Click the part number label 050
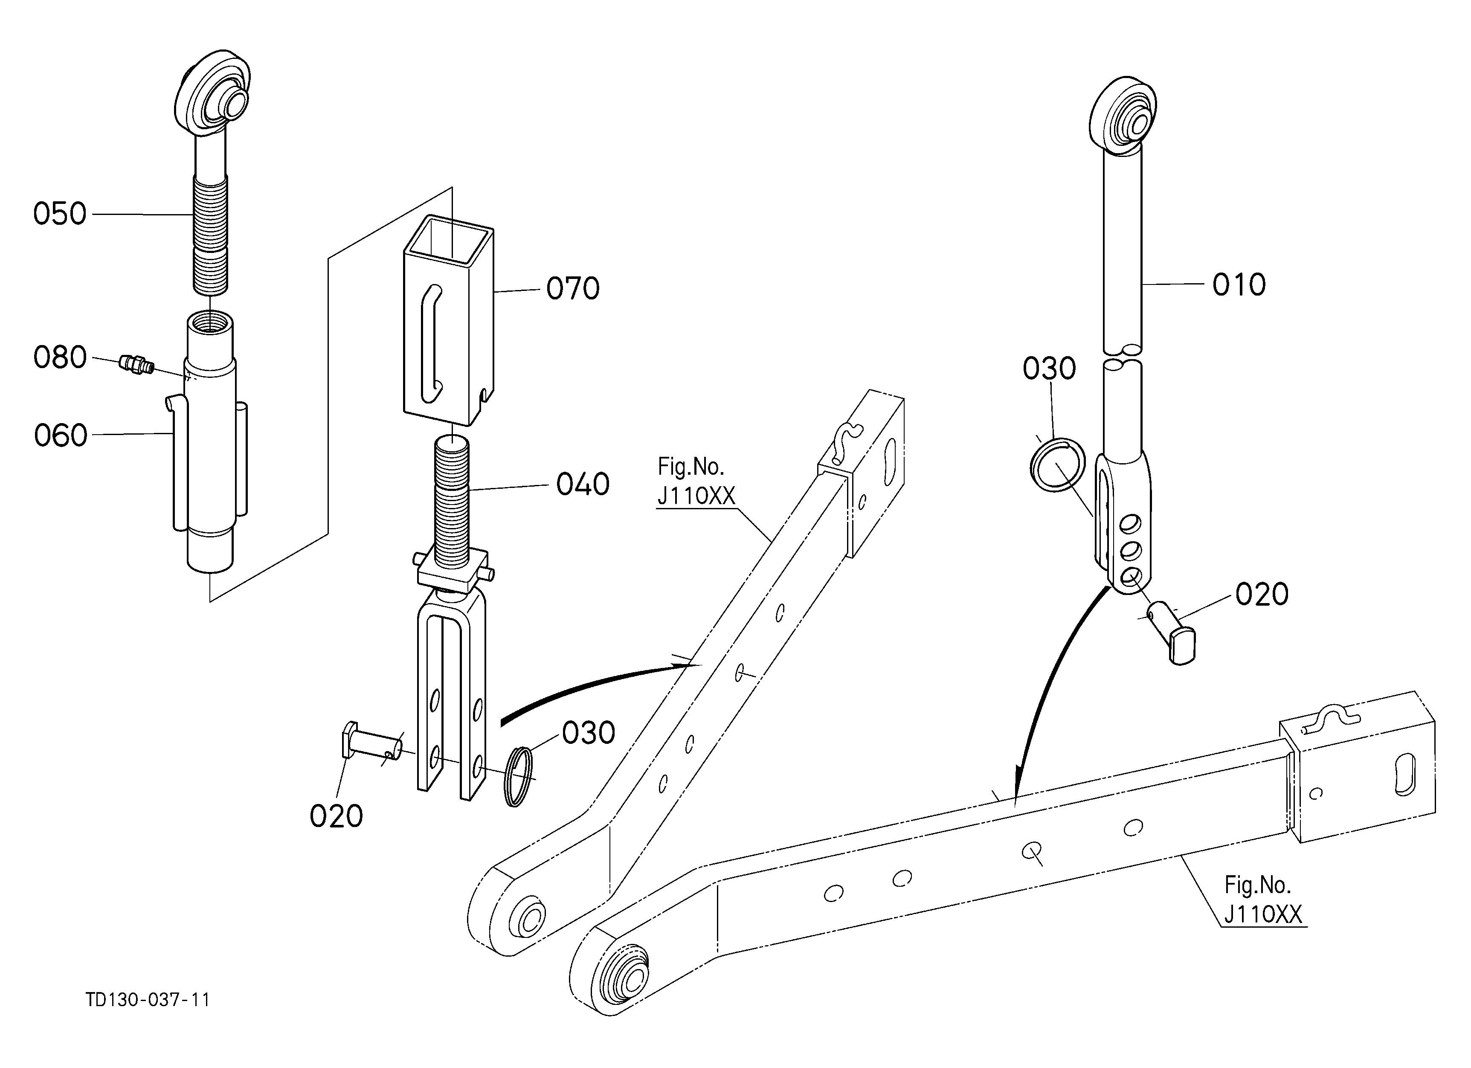pyautogui.click(x=60, y=213)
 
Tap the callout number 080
pyautogui.click(x=60, y=357)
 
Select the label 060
pyautogui.click(x=60, y=435)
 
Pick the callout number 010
pyautogui.click(x=1239, y=284)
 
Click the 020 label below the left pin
pyautogui.click(x=336, y=816)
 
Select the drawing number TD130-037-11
pyautogui.click(x=148, y=1000)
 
